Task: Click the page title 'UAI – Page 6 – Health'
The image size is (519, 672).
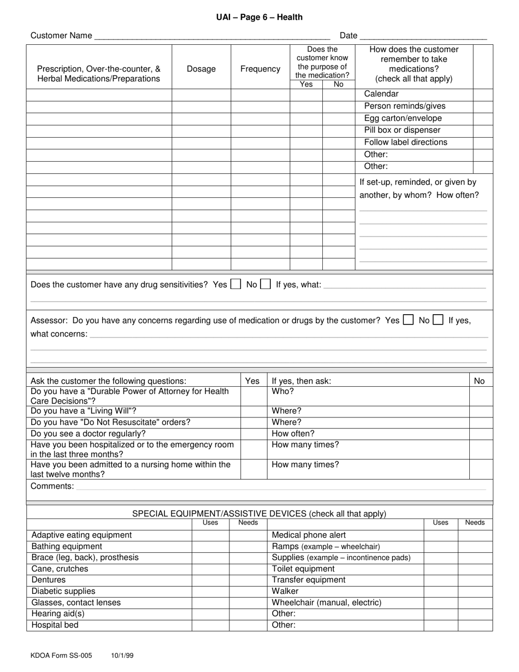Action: pos(259,17)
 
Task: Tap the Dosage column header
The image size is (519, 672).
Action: pos(201,69)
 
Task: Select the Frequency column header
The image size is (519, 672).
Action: pos(260,69)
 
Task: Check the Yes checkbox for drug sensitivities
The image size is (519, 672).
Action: pos(235,284)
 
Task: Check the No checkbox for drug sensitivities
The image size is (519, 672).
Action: pos(265,284)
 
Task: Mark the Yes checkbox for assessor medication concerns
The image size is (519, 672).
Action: pos(408,320)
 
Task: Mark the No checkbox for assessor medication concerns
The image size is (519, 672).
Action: pos(438,320)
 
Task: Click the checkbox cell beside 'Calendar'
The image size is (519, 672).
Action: pos(482,94)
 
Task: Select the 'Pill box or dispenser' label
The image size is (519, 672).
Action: pos(402,130)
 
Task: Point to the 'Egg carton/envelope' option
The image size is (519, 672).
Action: pos(403,118)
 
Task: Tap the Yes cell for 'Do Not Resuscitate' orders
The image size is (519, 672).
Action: pos(253,422)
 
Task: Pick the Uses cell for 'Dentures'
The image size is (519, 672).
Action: pos(210,580)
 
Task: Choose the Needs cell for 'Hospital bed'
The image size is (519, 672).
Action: pos(248,625)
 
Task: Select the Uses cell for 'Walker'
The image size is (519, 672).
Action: pos(440,591)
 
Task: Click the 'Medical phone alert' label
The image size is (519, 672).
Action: pos(309,535)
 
